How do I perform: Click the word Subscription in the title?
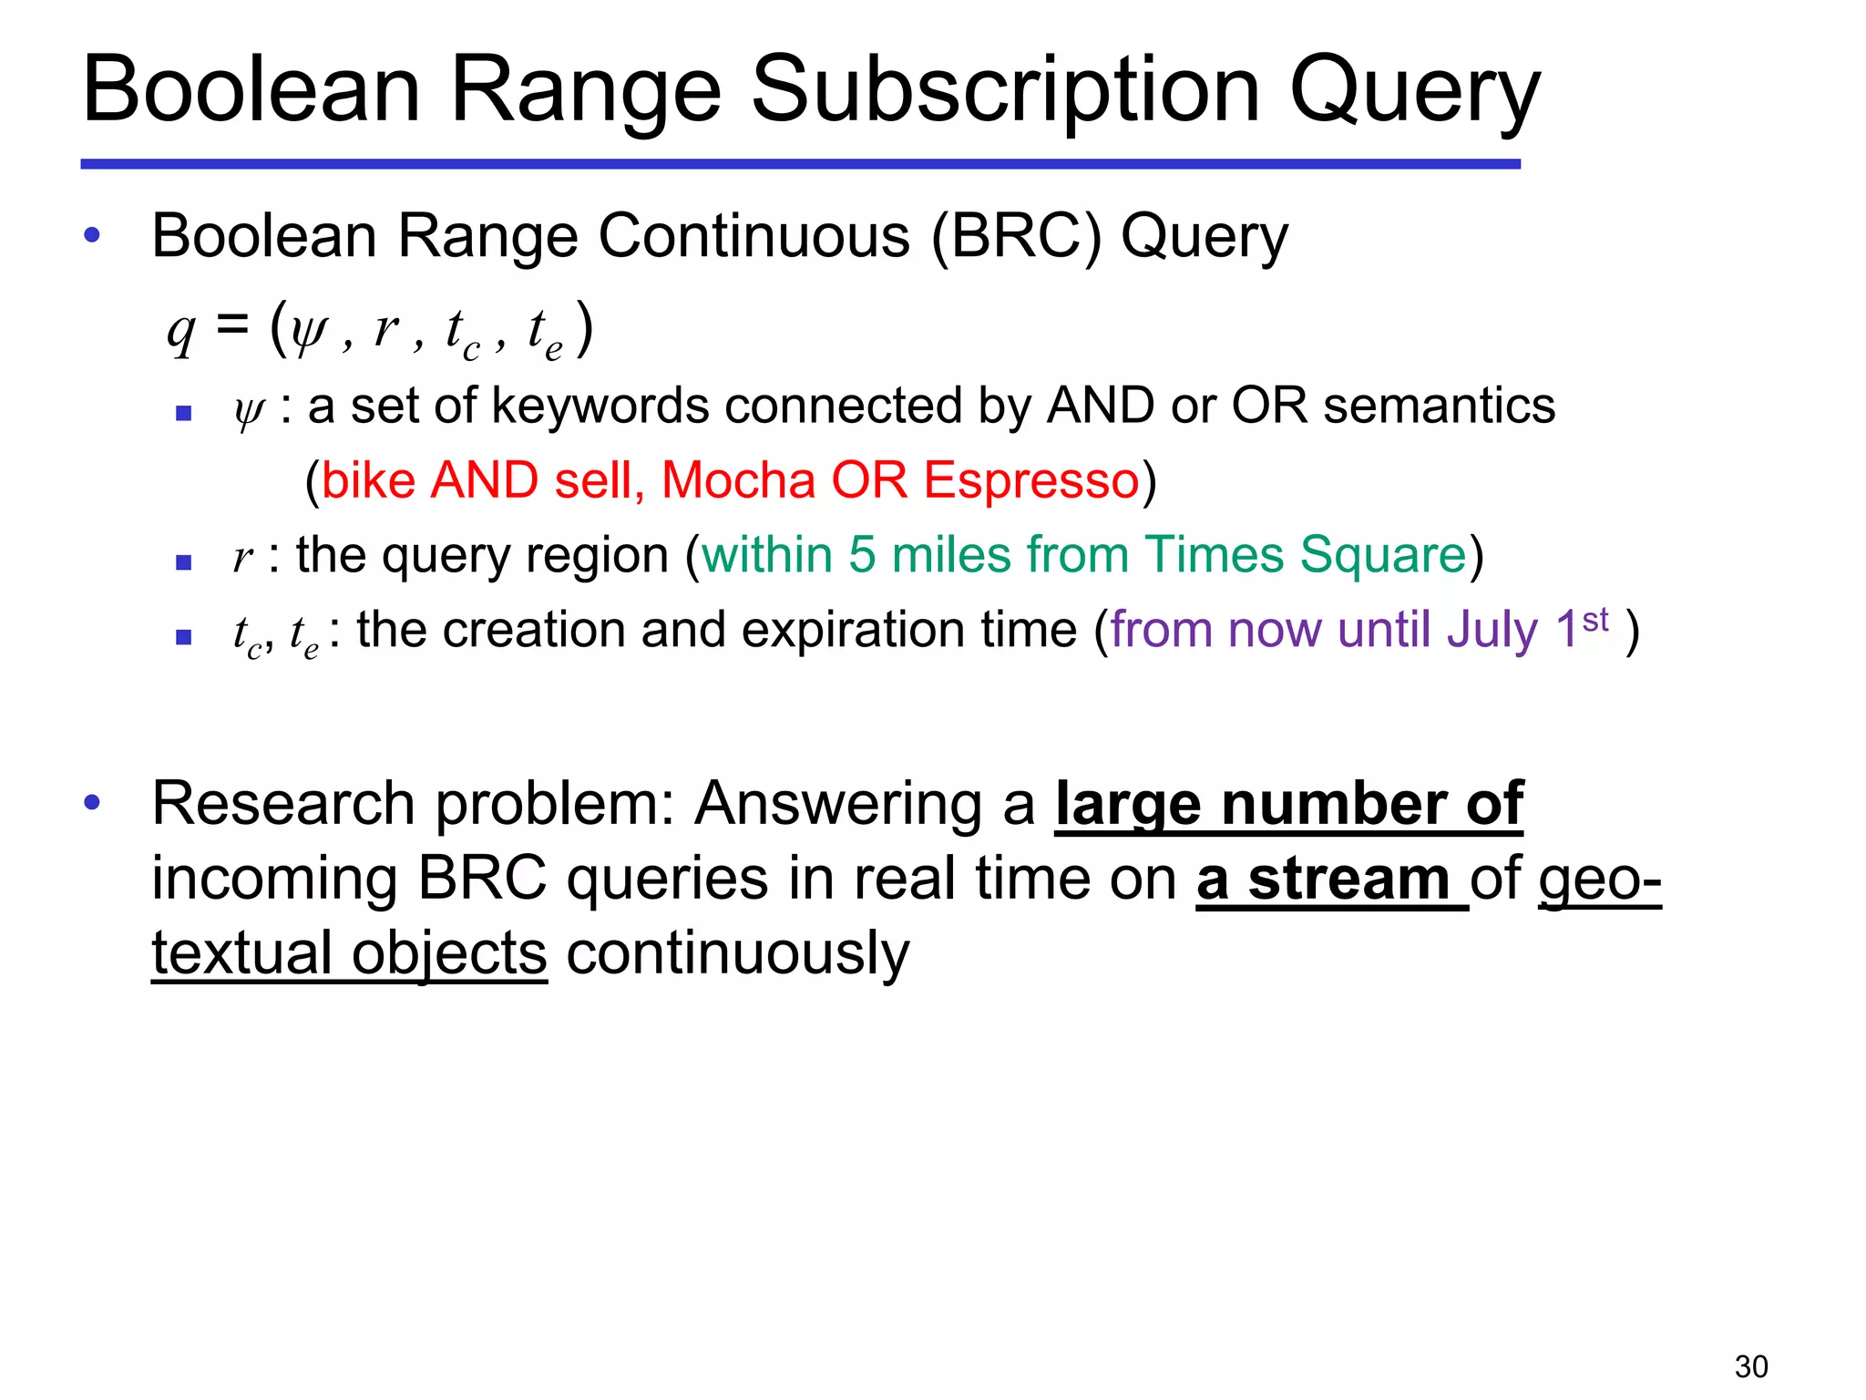pos(1006,91)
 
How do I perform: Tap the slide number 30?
pos(1751,1366)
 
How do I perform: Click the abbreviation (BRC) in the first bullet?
pos(1015,236)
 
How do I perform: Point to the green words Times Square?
pos(1305,554)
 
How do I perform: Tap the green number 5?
pos(862,554)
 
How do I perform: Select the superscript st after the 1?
pos(1595,620)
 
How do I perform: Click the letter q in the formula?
pos(181,332)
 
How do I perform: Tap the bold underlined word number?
pos(1333,804)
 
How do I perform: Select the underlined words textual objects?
pos(349,953)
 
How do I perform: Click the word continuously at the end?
pos(737,953)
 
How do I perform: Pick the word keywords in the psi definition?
pos(599,406)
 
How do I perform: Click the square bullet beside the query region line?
pos(183,562)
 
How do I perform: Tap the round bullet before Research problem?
pos(91,803)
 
